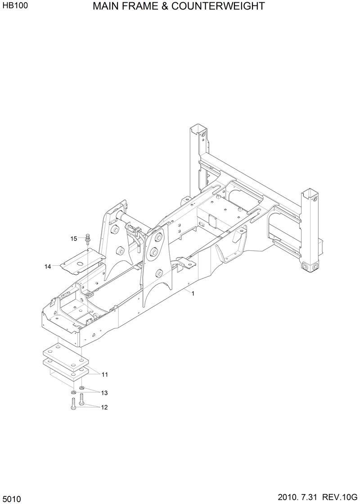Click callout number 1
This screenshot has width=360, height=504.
tap(193, 294)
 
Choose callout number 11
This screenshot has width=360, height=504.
tap(104, 375)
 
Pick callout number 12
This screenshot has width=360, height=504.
tap(104, 408)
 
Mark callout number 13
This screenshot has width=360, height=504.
tap(104, 393)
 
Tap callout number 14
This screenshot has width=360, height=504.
tap(48, 267)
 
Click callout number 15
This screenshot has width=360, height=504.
tap(74, 238)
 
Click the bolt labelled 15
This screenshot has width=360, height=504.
tap(87, 238)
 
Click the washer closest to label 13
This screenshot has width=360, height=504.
tap(81, 388)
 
